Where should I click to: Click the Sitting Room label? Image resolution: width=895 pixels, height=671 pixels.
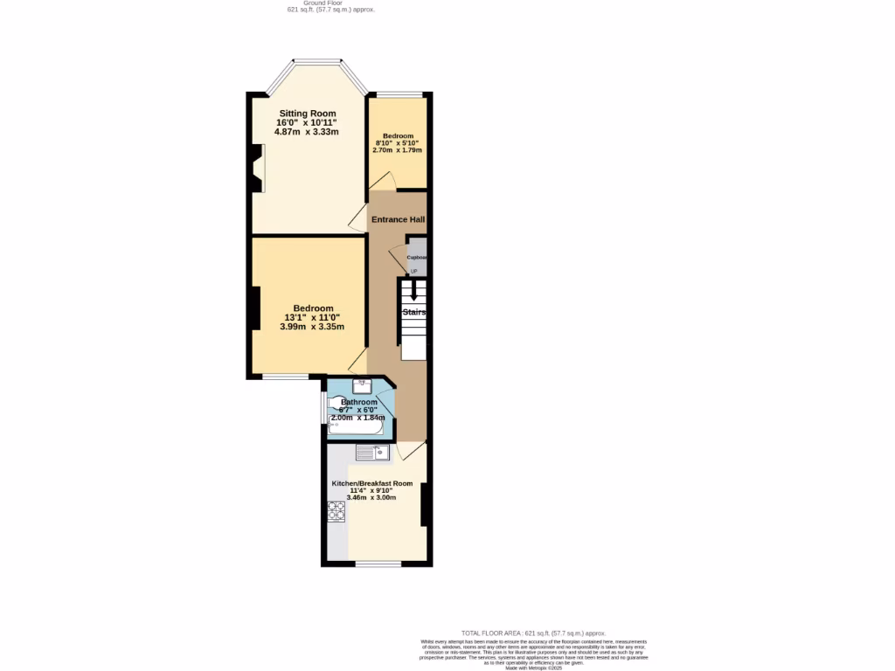[307, 114]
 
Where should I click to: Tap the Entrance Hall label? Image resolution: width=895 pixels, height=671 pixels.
[398, 219]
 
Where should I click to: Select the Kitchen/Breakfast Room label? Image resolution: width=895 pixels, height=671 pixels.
[371, 483]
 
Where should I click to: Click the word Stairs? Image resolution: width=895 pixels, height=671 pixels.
[413, 311]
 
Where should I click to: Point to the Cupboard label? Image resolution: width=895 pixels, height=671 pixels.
[417, 258]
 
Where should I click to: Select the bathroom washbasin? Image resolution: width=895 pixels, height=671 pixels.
[362, 385]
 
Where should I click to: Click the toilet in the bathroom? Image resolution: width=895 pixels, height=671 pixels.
[337, 403]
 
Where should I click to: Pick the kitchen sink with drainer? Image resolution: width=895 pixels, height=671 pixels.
[372, 453]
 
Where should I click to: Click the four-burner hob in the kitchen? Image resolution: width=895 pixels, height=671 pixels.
[336, 510]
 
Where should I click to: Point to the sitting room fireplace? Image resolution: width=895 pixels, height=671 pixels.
[256, 168]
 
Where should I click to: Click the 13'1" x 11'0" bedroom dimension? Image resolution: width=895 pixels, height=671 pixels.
[312, 317]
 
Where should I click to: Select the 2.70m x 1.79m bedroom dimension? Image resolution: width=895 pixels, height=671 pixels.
[397, 150]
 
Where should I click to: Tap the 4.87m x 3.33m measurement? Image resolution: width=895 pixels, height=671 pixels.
[306, 132]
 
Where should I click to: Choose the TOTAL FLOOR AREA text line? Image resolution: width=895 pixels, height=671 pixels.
[533, 633]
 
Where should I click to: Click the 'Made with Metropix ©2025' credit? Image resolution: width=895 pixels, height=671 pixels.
[533, 668]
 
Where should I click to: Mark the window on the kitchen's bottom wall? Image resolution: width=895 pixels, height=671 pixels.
[378, 564]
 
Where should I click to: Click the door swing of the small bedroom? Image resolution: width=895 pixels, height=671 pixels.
[382, 180]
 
